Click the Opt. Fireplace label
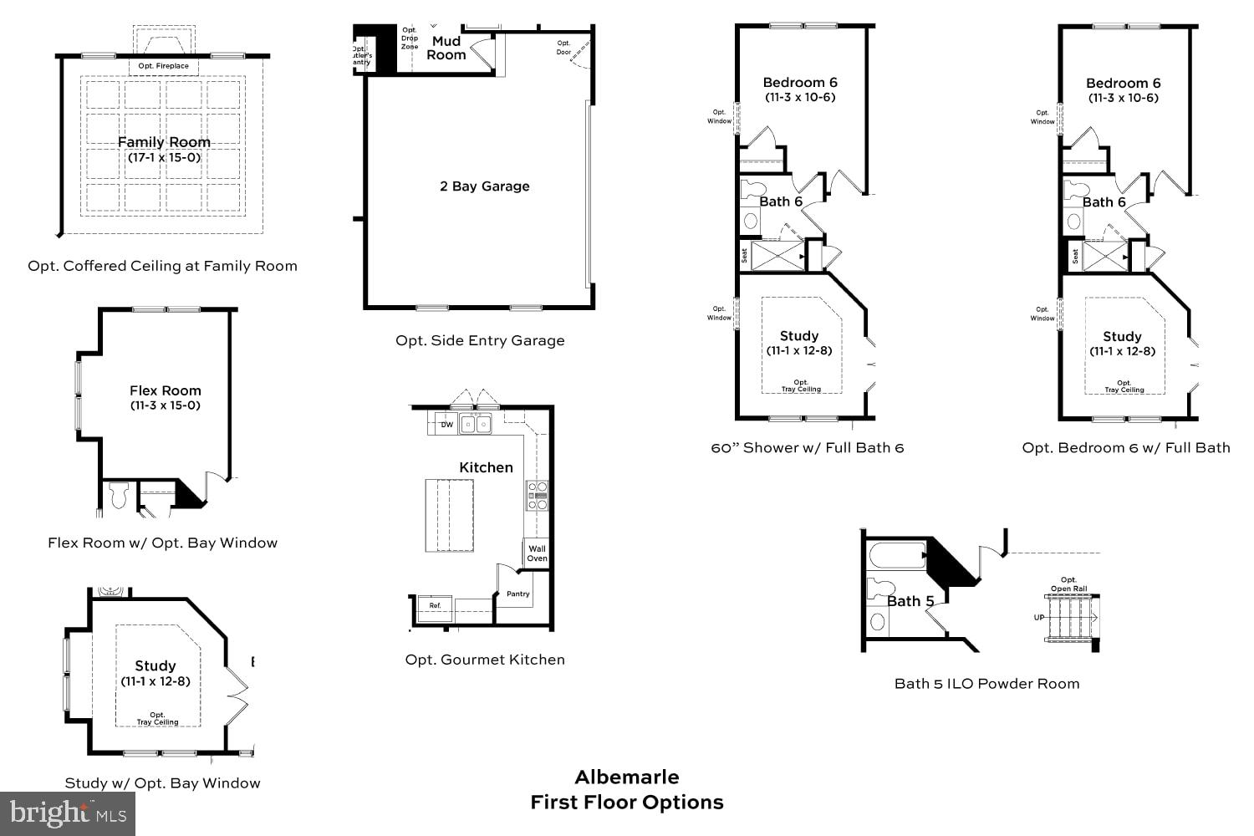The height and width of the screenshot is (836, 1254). pyautogui.click(x=164, y=66)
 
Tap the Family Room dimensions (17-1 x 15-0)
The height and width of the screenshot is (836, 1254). pyautogui.click(x=164, y=157)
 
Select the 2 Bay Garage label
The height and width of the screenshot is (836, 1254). pyautogui.click(x=485, y=186)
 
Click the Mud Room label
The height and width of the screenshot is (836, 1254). pyautogui.click(x=446, y=48)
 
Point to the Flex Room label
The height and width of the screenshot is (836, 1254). pyautogui.click(x=166, y=390)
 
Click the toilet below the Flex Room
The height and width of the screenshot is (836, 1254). pyautogui.click(x=117, y=495)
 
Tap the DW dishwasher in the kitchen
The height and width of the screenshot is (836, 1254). pyautogui.click(x=446, y=425)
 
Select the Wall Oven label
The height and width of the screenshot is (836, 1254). pyautogui.click(x=537, y=553)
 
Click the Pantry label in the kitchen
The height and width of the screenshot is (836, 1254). pyautogui.click(x=518, y=594)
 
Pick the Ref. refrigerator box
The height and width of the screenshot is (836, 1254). pyautogui.click(x=435, y=605)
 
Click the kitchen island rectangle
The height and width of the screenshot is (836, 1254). pyautogui.click(x=450, y=515)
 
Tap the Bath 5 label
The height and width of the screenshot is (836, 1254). pyautogui.click(x=910, y=601)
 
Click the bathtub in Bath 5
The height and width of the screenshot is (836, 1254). pyautogui.click(x=898, y=556)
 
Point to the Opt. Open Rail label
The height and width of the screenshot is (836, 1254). pyautogui.click(x=1068, y=584)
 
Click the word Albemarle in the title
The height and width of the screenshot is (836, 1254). pyautogui.click(x=627, y=777)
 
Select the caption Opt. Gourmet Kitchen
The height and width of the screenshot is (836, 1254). pyautogui.click(x=485, y=660)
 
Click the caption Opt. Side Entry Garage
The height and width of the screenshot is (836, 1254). pyautogui.click(x=480, y=340)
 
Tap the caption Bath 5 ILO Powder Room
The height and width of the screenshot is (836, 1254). pyautogui.click(x=986, y=684)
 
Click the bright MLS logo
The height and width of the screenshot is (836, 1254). pyautogui.click(x=69, y=813)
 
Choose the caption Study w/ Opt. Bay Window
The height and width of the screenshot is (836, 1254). pyautogui.click(x=162, y=783)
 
